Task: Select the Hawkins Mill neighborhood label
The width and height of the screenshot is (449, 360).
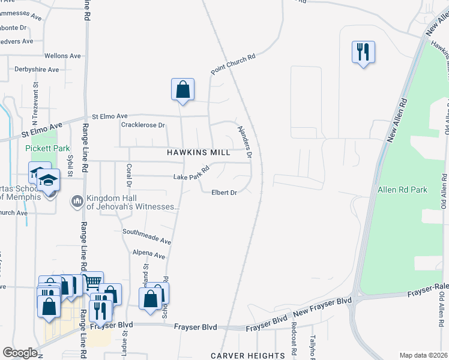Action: click(x=199, y=152)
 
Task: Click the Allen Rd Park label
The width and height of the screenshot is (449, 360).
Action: click(x=402, y=190)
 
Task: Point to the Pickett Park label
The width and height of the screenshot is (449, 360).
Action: click(x=41, y=148)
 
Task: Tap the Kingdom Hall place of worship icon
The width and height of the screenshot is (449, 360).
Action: click(x=77, y=200)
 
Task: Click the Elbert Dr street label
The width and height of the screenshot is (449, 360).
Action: click(x=224, y=193)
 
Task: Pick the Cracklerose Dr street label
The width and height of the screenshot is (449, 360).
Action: click(x=143, y=125)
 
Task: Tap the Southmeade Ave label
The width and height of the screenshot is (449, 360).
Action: click(x=147, y=236)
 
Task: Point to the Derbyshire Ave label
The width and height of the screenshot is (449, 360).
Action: click(x=37, y=70)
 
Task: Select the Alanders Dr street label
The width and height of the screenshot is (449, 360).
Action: click(x=244, y=142)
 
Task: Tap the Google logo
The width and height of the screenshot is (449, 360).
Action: click(x=20, y=353)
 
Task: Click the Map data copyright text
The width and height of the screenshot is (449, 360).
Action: click(x=424, y=355)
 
